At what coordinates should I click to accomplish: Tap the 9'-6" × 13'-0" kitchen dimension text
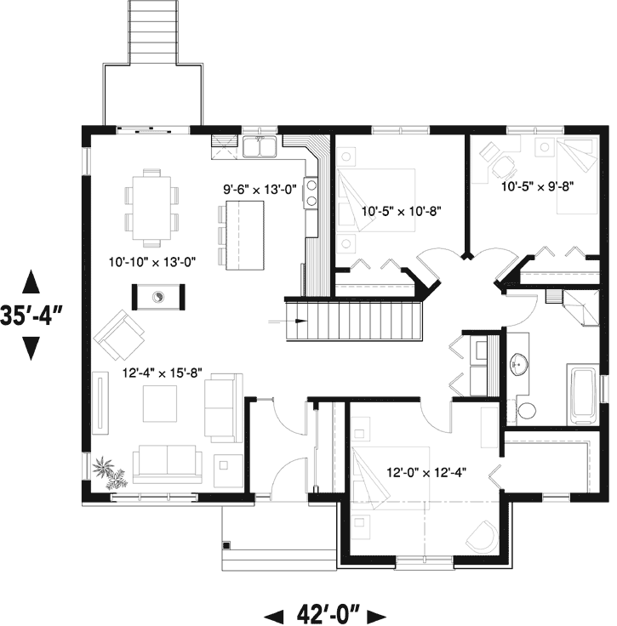coord(259,191)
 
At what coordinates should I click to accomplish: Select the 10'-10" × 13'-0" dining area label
coord(153,262)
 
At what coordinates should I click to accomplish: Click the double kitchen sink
coord(259,149)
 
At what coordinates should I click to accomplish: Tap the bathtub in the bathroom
coord(584,393)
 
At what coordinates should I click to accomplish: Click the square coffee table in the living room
coord(159,402)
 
